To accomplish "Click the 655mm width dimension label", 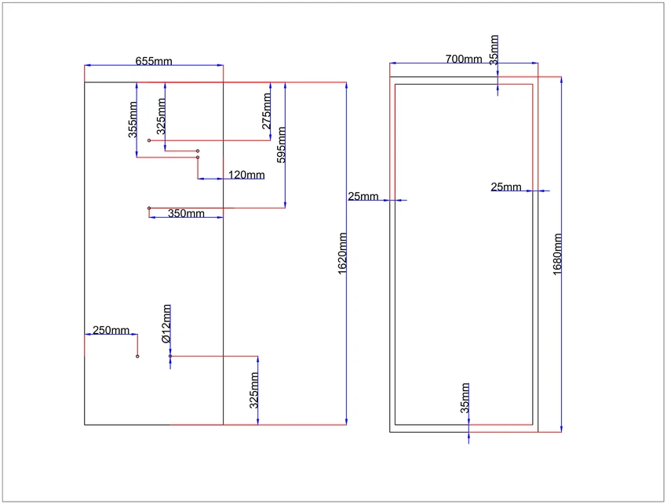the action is coord(154,61).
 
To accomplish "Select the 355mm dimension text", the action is coord(133,119).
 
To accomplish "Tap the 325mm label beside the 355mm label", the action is coord(161,117).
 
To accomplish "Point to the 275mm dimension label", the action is coord(266,111).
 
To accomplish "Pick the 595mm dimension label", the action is coord(281,145).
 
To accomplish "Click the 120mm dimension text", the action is coord(246,175).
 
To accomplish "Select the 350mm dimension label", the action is coord(186,213).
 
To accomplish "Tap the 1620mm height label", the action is coord(342,254).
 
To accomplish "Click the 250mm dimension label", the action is coord(111,330).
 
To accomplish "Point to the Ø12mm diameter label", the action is coord(166,324).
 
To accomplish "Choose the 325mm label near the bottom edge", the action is coord(254,390).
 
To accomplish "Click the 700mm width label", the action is coord(464,59).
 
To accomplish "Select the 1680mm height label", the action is coord(558,255).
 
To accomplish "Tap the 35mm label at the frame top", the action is coord(494,50).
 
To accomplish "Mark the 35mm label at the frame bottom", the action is coord(465,398).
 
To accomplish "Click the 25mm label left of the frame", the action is coord(363,196).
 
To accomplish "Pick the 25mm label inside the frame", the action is coord(506,187).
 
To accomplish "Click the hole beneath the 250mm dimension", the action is coord(137,356).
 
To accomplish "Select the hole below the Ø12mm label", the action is coord(170,356).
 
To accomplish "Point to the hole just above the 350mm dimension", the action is coord(149,208).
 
